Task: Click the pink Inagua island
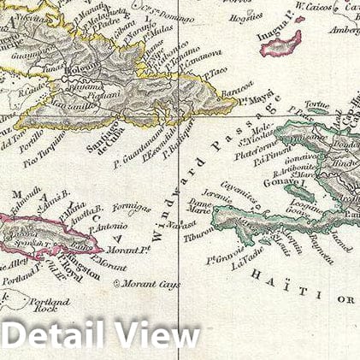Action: [x=281, y=43]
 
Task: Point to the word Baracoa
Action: [x=236, y=88]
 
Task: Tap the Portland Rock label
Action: [x=49, y=304]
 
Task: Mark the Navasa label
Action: [x=180, y=224]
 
